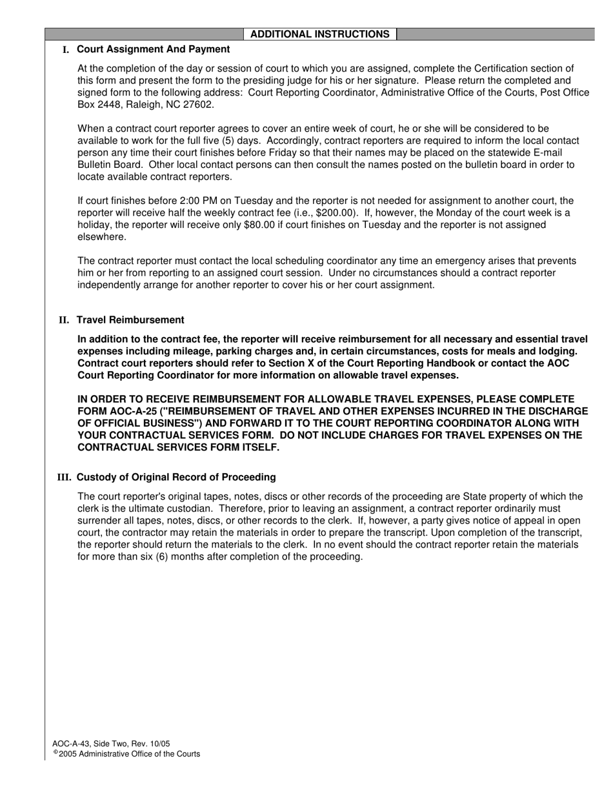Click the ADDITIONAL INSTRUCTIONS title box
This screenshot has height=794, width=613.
pyautogui.click(x=319, y=34)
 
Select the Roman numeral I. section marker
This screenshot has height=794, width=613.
pyautogui.click(x=66, y=50)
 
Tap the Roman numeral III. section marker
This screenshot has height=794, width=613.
pyautogui.click(x=64, y=478)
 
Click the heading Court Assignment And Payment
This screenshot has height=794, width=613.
pyautogui.click(x=153, y=49)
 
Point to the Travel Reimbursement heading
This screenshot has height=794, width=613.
pyautogui.click(x=130, y=320)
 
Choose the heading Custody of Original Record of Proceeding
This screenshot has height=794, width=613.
pyautogui.click(x=176, y=478)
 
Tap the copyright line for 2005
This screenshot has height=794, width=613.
pyautogui.click(x=127, y=754)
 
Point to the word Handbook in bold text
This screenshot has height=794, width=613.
pyautogui.click(x=425, y=363)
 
